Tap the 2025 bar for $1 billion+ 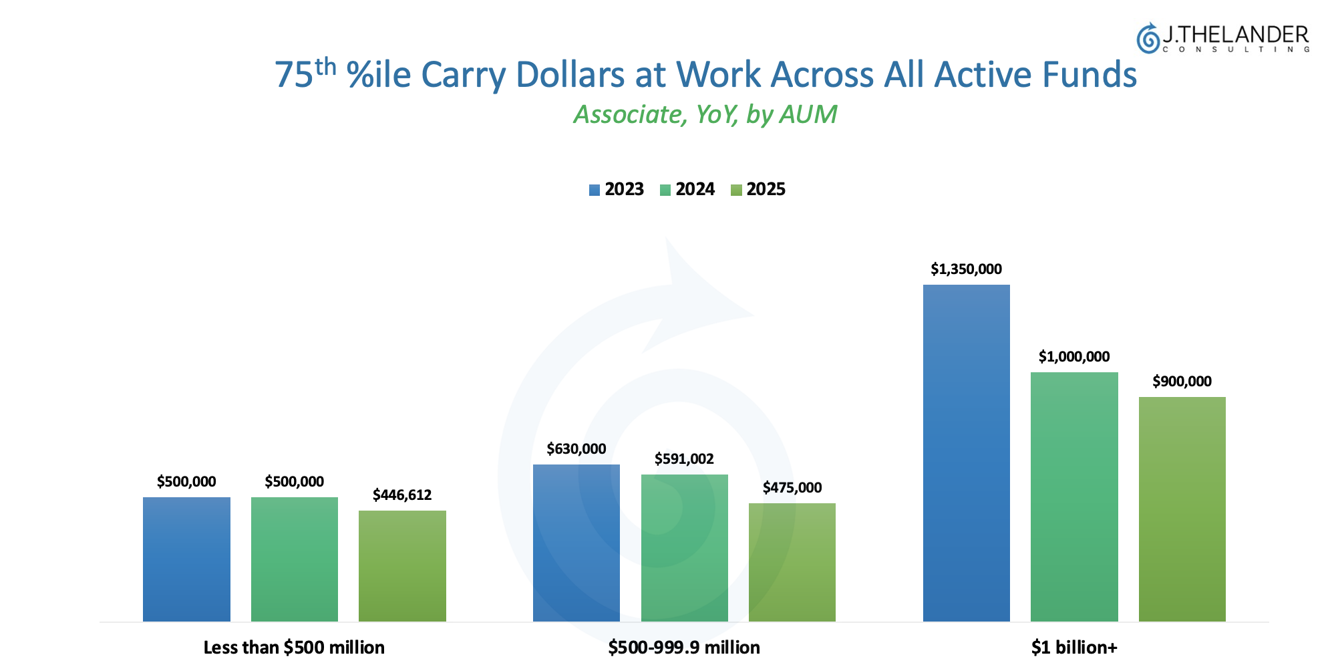[1182, 509]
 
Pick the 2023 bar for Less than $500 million [186, 559]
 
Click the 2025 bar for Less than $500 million [402, 566]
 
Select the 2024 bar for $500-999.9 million [684, 548]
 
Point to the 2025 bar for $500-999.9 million [792, 562]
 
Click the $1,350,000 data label [966, 269]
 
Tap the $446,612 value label [402, 495]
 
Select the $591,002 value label [684, 459]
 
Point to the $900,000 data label [1182, 382]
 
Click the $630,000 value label [576, 449]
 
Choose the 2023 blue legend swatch [594, 190]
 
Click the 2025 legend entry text [766, 190]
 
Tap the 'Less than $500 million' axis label [294, 648]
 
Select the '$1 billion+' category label [1073, 648]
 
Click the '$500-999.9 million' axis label [684, 648]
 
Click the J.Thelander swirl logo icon [1148, 39]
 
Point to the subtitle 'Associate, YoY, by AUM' [705, 115]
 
